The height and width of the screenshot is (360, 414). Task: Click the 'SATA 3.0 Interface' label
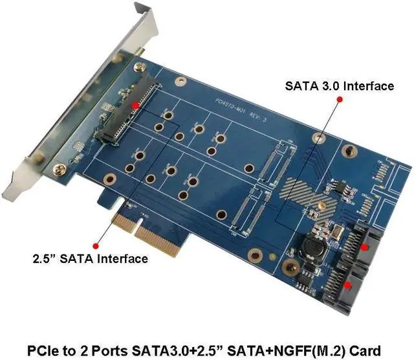coord(340,86)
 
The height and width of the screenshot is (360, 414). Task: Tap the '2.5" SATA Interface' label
coord(91,259)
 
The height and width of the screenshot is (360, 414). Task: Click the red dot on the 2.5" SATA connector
coord(135,104)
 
